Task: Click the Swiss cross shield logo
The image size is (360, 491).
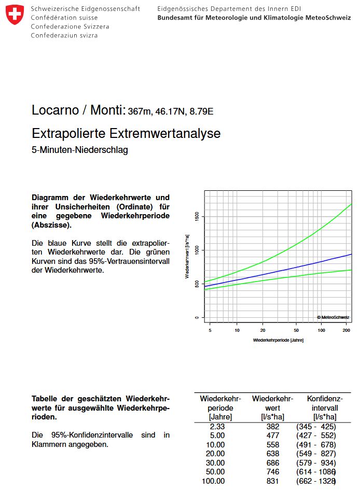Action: [x=15, y=15]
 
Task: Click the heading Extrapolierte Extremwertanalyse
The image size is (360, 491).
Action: [x=126, y=133]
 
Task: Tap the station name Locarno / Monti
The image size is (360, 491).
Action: [x=78, y=110]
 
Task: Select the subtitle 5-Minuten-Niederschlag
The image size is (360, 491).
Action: [x=80, y=150]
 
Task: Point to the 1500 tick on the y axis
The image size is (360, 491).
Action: [x=197, y=216]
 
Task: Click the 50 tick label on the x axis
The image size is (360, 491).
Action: [x=296, y=330]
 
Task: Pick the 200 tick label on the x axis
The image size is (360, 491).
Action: [x=346, y=330]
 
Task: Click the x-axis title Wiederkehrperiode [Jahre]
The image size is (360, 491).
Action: [x=278, y=340]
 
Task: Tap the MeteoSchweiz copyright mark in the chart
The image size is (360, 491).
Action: [x=333, y=317]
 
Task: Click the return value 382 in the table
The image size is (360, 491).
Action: [x=272, y=427]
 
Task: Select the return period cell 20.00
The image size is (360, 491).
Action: [x=215, y=454]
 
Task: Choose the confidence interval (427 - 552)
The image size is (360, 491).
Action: [x=316, y=436]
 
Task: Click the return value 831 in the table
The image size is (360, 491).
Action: [x=272, y=481]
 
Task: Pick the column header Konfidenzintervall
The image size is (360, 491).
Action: [x=325, y=408]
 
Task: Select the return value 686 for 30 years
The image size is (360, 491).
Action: [x=272, y=463]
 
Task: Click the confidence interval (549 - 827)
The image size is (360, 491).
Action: [x=316, y=454]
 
